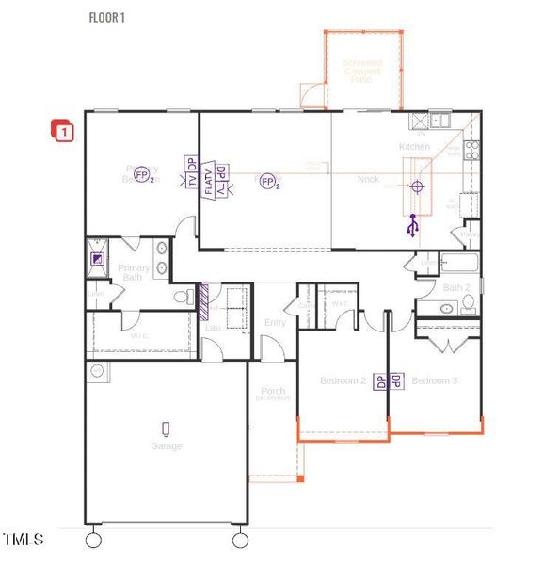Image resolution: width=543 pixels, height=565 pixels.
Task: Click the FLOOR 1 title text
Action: pyautogui.click(x=106, y=17)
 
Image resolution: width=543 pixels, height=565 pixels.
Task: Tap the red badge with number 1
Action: pyautogui.click(x=63, y=132)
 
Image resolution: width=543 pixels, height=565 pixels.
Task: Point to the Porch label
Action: pyautogui.click(x=273, y=392)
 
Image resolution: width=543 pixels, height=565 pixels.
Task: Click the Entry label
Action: pyautogui.click(x=276, y=322)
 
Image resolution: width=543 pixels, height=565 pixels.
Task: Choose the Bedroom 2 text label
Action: pyautogui.click(x=343, y=380)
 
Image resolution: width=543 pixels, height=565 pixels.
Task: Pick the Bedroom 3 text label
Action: pyautogui.click(x=435, y=380)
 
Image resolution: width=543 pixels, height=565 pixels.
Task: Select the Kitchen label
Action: pyautogui.click(x=414, y=147)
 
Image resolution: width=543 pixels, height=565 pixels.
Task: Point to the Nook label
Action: pyautogui.click(x=368, y=179)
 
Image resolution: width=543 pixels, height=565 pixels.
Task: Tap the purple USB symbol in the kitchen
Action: pyautogui.click(x=411, y=226)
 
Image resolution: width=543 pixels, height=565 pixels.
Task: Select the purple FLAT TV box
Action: pyautogui.click(x=209, y=179)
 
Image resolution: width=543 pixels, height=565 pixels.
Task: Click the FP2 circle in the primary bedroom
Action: pyautogui.click(x=143, y=176)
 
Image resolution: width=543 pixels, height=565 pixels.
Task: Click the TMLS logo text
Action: pyautogui.click(x=23, y=540)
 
